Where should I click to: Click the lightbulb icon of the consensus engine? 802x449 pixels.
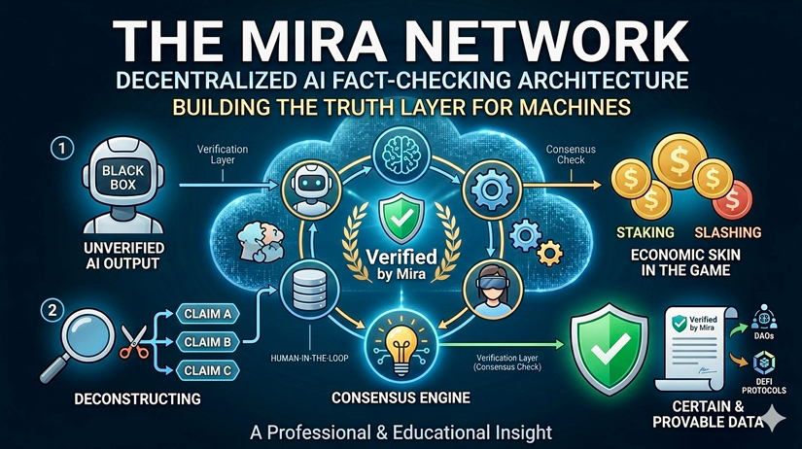pyautogui.click(x=401, y=345)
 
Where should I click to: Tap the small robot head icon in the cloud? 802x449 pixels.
pyautogui.click(x=300, y=186)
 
